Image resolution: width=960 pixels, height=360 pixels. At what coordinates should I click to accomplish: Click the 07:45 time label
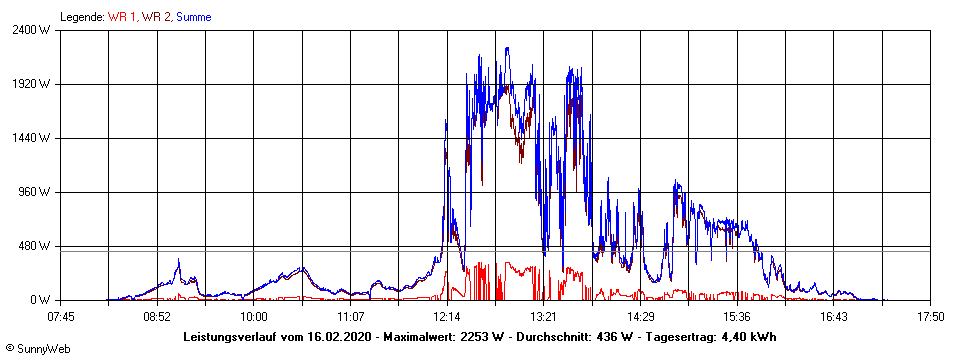61,317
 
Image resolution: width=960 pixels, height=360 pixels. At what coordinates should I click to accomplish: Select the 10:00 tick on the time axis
253,317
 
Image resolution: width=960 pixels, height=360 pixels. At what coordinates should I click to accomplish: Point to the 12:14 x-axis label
447,317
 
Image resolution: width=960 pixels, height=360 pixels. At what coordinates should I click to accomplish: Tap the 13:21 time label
543,317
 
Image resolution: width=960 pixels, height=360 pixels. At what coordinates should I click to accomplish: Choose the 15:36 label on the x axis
737,317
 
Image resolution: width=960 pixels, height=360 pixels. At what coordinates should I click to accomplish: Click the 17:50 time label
930,317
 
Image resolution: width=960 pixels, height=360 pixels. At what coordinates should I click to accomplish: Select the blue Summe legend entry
193,17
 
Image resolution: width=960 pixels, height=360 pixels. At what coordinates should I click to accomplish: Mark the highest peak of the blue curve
507,48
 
